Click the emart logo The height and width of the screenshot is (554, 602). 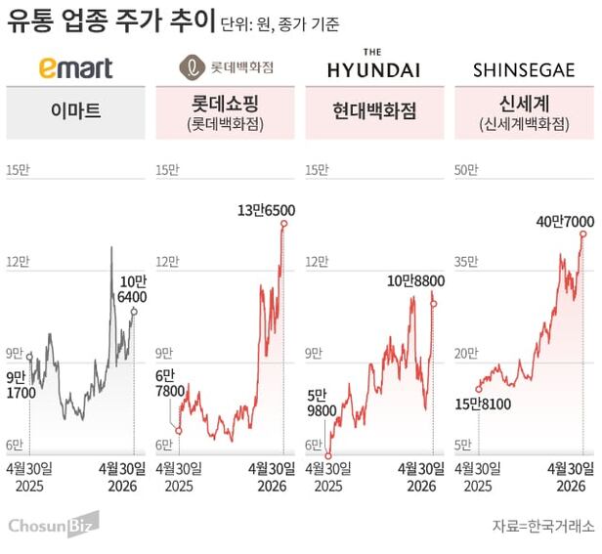pyautogui.click(x=75, y=67)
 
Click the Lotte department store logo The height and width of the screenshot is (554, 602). pyautogui.click(x=227, y=67)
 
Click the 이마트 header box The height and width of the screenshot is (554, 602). pyautogui.click(x=75, y=112)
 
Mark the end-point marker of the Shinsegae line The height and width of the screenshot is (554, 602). pyautogui.click(x=583, y=234)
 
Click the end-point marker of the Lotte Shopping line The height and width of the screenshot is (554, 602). pyautogui.click(x=284, y=224)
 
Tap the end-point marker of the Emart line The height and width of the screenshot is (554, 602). pyautogui.click(x=134, y=312)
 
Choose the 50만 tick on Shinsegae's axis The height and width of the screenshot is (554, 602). pyautogui.click(x=466, y=170)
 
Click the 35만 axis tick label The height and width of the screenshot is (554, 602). pyautogui.click(x=466, y=261)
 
